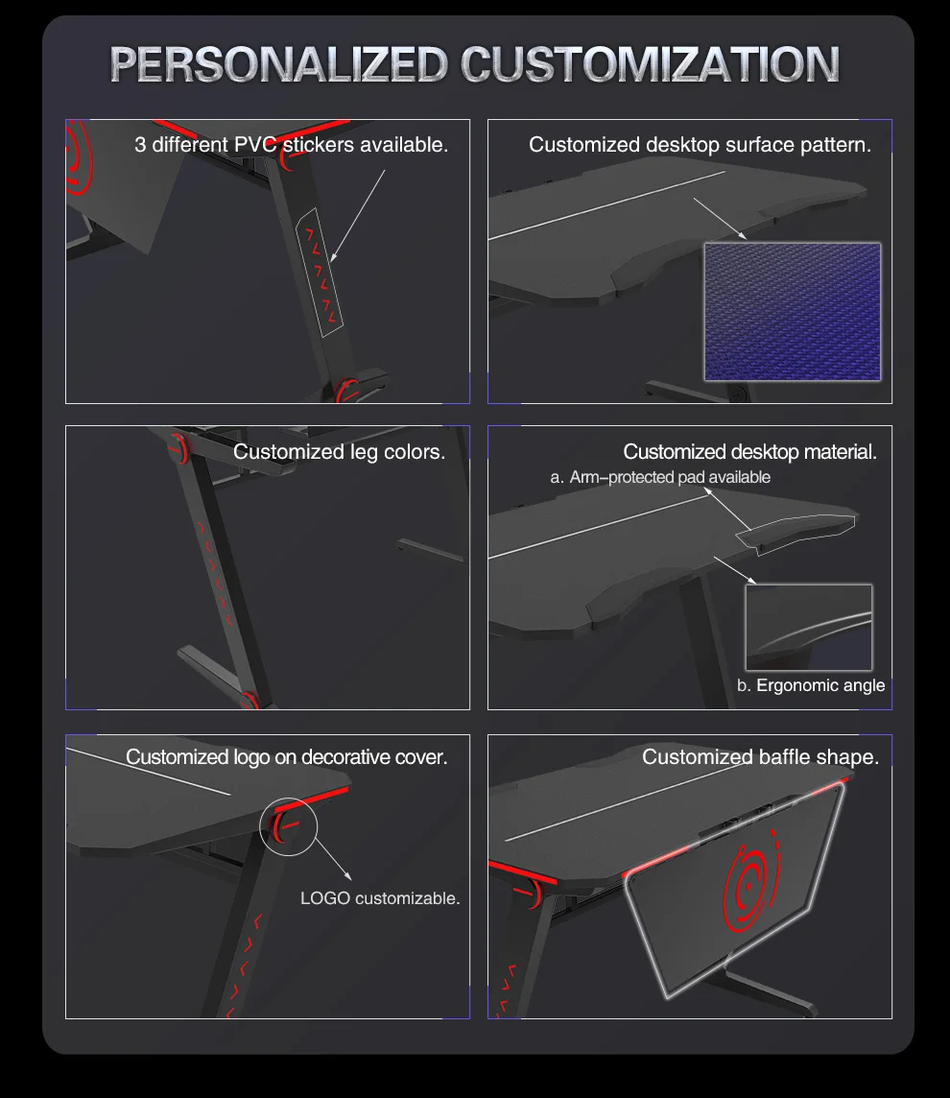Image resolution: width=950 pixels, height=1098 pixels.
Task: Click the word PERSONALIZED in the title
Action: [278, 64]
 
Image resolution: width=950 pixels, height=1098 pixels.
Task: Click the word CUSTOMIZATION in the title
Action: [651, 64]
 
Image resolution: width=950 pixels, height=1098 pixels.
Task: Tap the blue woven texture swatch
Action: [793, 312]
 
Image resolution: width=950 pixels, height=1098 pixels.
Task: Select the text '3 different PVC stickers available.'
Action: [291, 145]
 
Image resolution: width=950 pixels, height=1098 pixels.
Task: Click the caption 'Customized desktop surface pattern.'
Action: [701, 145]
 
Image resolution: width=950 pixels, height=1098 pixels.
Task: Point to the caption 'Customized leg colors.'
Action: [339, 452]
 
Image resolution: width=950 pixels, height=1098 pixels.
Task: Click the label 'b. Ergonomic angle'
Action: [811, 685]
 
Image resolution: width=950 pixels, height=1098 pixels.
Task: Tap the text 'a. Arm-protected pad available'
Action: [660, 478]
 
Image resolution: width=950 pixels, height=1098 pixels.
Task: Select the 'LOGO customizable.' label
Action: [380, 898]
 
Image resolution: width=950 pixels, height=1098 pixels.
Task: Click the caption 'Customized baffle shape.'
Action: [760, 757]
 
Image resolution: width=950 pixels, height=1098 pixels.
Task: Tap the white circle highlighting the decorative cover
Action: [289, 798]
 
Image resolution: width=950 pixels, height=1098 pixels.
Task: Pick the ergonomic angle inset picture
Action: [809, 628]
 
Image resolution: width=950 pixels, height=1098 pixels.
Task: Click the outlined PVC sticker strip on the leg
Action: [320, 274]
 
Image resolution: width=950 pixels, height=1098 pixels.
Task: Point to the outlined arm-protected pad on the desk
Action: [796, 535]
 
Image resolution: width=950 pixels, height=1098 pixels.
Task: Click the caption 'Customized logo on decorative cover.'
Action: [286, 757]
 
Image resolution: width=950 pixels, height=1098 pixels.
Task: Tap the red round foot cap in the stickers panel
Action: [346, 390]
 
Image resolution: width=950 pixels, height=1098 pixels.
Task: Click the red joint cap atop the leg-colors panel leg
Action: [179, 448]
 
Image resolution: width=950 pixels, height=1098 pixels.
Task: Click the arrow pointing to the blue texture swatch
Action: [721, 219]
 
